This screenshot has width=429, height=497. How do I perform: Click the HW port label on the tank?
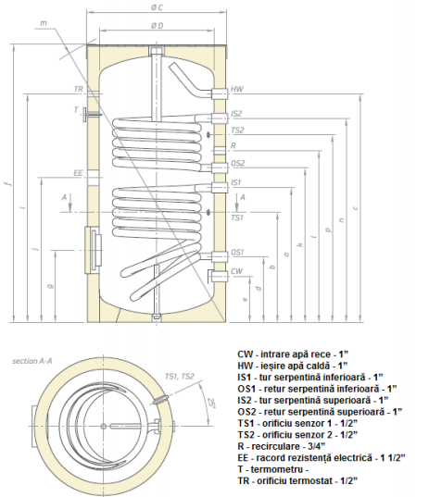click(x=237, y=90)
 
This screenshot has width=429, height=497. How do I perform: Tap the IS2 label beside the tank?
click(x=237, y=113)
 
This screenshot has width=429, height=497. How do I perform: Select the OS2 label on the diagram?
click(x=238, y=163)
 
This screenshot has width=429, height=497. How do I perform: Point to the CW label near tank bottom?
click(x=237, y=271)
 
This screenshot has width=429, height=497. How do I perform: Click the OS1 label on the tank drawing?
click(x=237, y=252)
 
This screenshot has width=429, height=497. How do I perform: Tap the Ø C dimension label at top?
click(x=158, y=7)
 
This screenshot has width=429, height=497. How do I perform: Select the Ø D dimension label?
click(x=158, y=25)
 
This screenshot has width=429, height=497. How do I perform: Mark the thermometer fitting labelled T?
click(x=87, y=115)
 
